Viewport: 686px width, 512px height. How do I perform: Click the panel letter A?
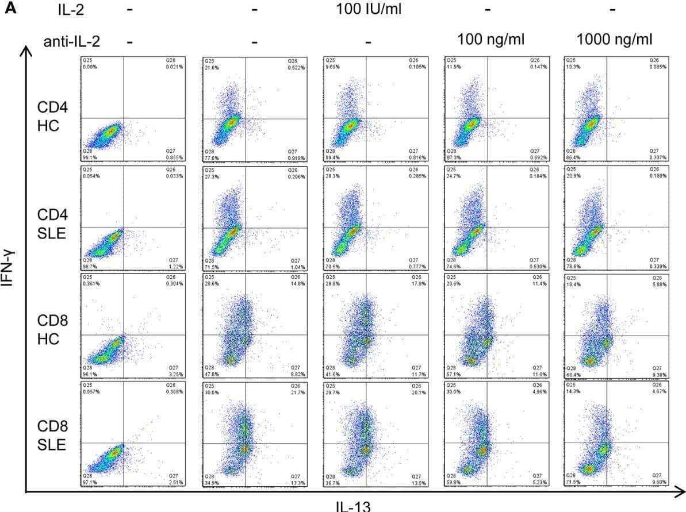[x=10, y=10]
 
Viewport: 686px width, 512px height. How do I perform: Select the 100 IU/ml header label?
[x=369, y=10]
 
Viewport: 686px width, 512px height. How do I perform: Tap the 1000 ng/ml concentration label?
[x=614, y=40]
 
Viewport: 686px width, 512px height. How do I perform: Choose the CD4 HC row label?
[x=49, y=117]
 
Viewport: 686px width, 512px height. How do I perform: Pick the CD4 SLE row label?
[x=49, y=226]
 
